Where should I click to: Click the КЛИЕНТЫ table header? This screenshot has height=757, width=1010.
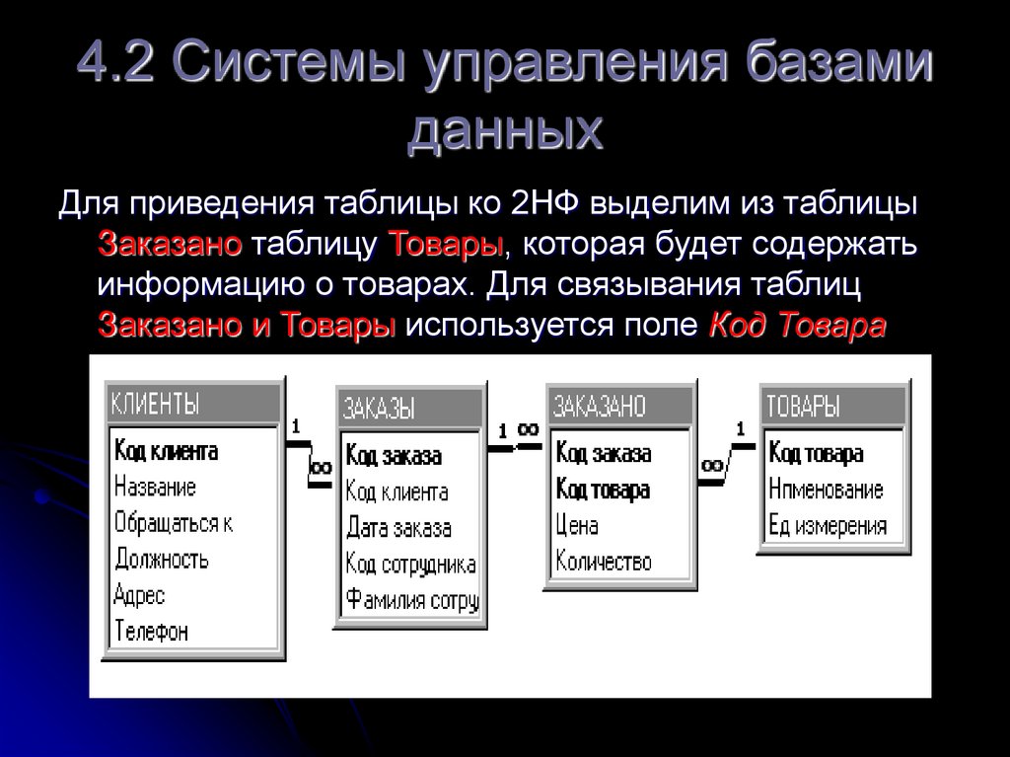tap(192, 404)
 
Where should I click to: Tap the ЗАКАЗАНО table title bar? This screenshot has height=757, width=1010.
tap(619, 405)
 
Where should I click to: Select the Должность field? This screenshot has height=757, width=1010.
tap(161, 560)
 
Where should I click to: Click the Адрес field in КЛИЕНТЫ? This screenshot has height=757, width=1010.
tap(139, 595)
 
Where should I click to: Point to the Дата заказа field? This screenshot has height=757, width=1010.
tap(398, 528)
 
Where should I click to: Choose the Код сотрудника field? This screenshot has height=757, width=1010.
tap(410, 564)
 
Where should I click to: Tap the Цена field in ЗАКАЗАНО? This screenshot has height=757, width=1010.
tap(577, 526)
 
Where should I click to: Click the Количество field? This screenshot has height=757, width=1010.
tap(604, 562)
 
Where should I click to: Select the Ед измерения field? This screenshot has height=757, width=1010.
tap(827, 526)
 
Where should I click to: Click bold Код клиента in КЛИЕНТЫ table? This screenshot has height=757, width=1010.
tap(166, 452)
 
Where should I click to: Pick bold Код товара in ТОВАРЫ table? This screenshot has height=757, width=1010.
tap(816, 454)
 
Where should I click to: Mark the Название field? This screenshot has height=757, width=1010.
tap(155, 488)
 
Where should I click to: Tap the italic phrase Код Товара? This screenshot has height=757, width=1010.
tap(797, 325)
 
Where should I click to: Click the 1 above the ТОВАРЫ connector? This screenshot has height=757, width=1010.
tap(740, 428)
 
